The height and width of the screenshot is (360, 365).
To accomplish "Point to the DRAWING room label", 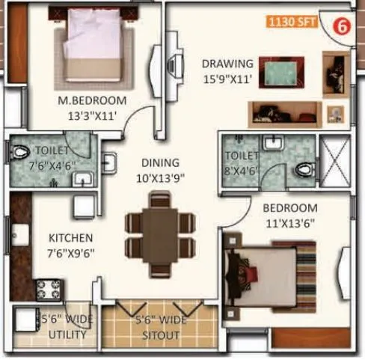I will [x=227, y=64].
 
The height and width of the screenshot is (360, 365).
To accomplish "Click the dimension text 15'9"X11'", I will [x=227, y=77].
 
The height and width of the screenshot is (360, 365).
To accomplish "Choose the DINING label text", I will [x=161, y=162].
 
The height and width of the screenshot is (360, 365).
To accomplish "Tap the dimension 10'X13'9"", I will [x=161, y=177].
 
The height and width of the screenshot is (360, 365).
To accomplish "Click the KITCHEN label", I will [x=71, y=238].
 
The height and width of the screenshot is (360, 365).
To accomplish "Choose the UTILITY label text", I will [x=67, y=335].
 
